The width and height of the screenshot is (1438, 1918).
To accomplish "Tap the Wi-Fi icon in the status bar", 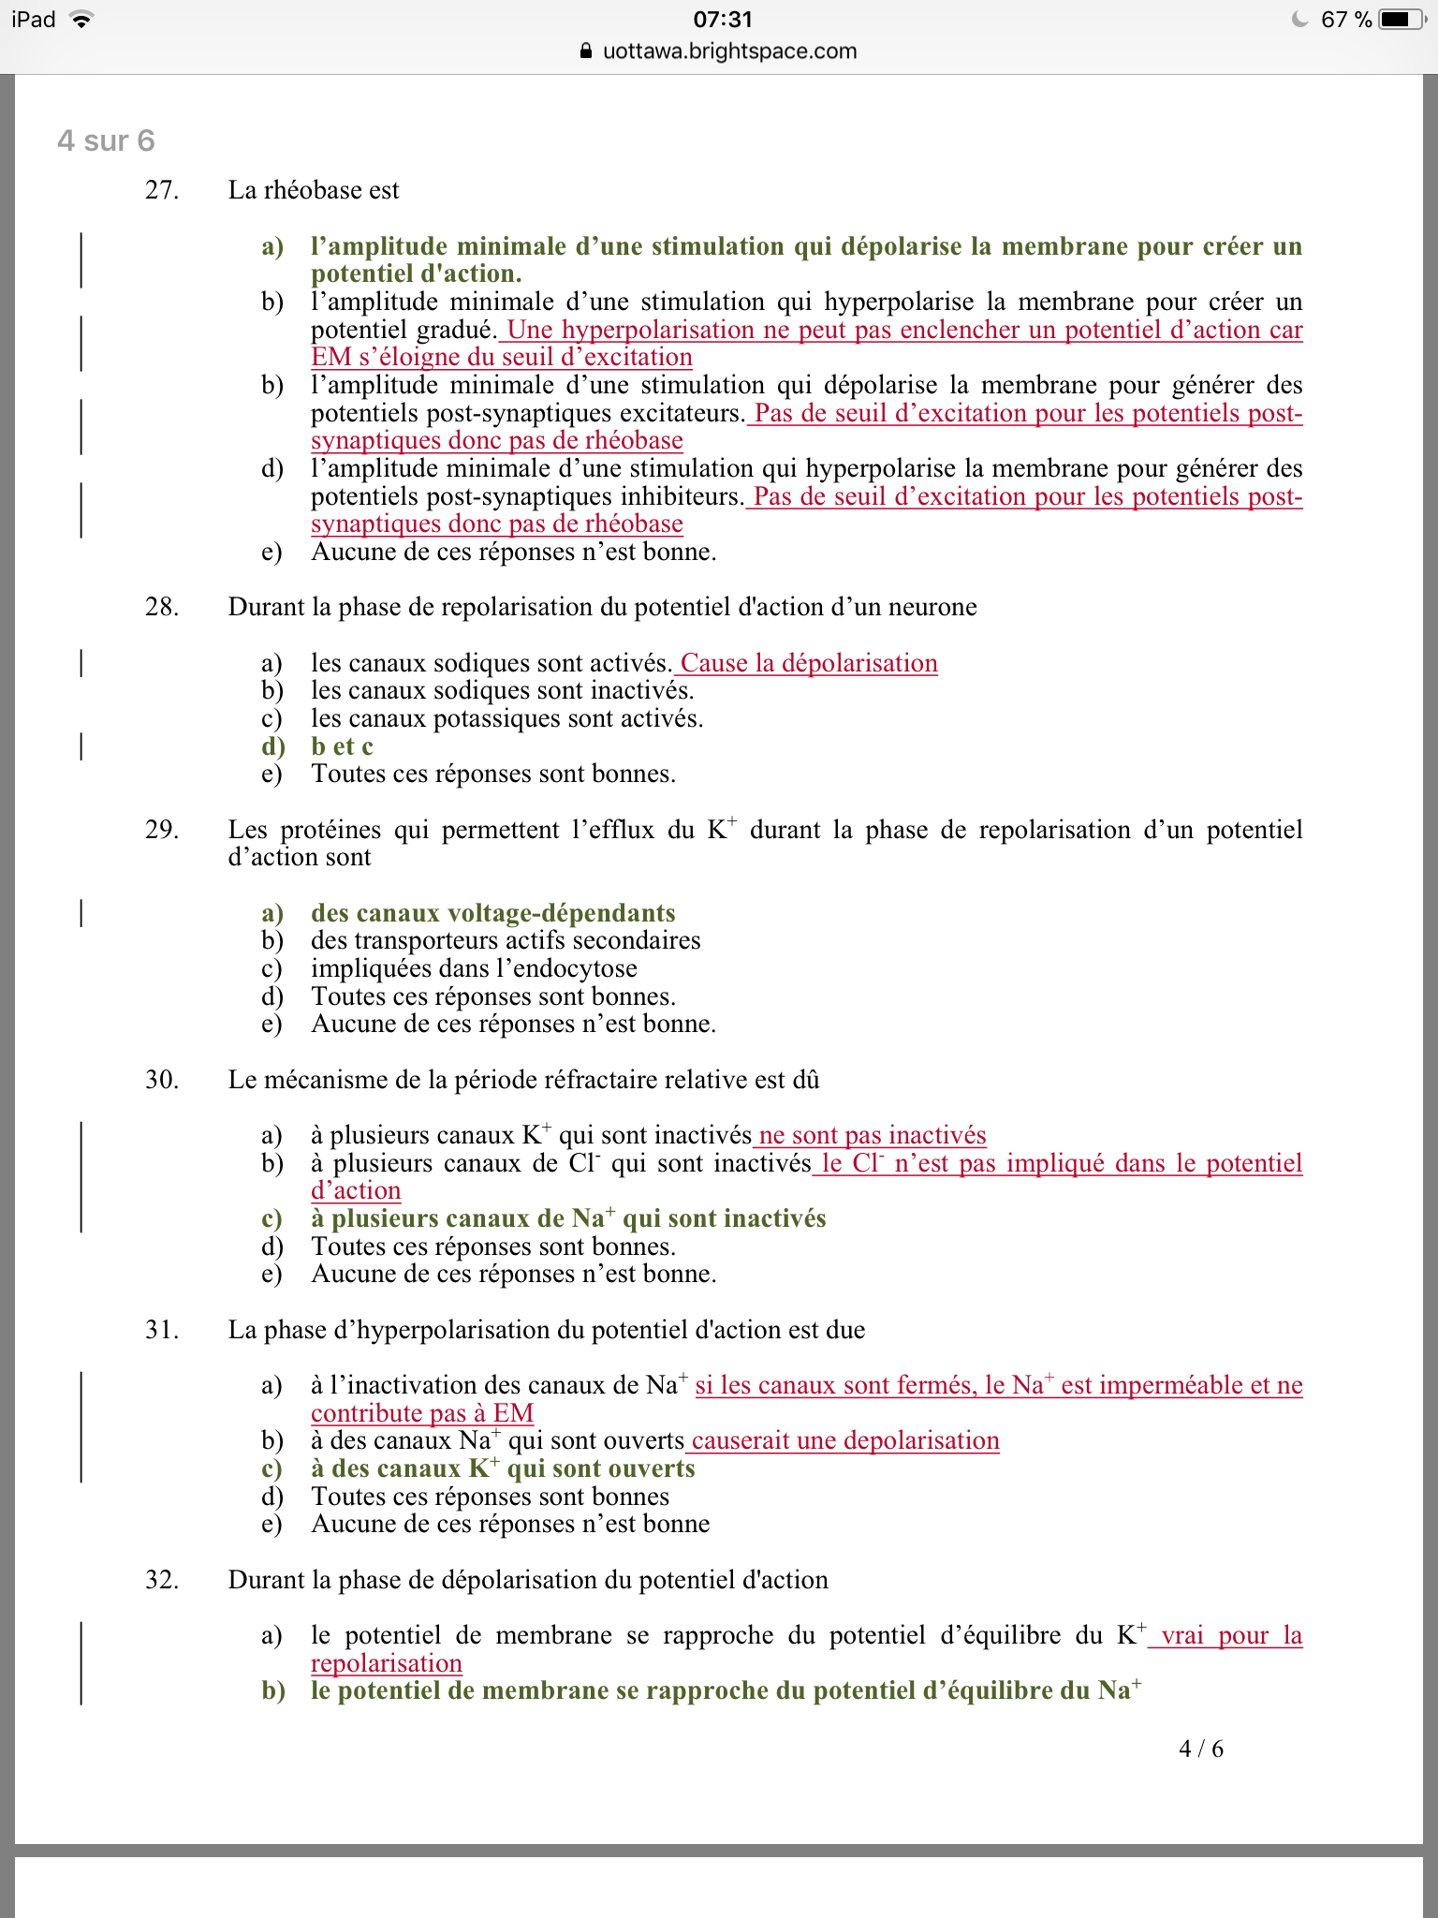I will [x=81, y=20].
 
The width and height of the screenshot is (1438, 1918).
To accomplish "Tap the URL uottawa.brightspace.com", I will [x=729, y=52].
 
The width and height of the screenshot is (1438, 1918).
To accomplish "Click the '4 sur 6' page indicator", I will [x=106, y=140].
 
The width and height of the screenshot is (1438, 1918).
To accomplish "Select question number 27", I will [x=161, y=190].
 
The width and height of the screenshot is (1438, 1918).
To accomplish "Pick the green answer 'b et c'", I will [x=342, y=746].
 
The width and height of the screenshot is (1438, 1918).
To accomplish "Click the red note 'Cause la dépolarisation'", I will [x=808, y=663].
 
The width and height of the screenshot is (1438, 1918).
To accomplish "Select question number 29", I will [x=161, y=830].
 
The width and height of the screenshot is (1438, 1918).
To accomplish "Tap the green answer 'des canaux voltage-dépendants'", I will [x=492, y=913].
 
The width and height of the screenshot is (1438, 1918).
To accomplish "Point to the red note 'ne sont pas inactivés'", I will [x=872, y=1135].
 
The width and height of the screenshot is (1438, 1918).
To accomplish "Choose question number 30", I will [x=161, y=1080].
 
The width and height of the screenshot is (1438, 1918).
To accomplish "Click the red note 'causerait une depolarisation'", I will [x=844, y=1440].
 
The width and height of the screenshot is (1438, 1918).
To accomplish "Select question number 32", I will [x=161, y=1580].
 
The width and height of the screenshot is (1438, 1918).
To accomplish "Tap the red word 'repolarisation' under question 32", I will [x=387, y=1663].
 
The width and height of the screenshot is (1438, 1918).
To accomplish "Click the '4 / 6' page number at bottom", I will [x=1201, y=1748].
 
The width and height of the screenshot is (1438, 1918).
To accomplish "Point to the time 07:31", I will [x=723, y=20].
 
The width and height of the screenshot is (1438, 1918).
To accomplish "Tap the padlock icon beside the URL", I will [x=587, y=52].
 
